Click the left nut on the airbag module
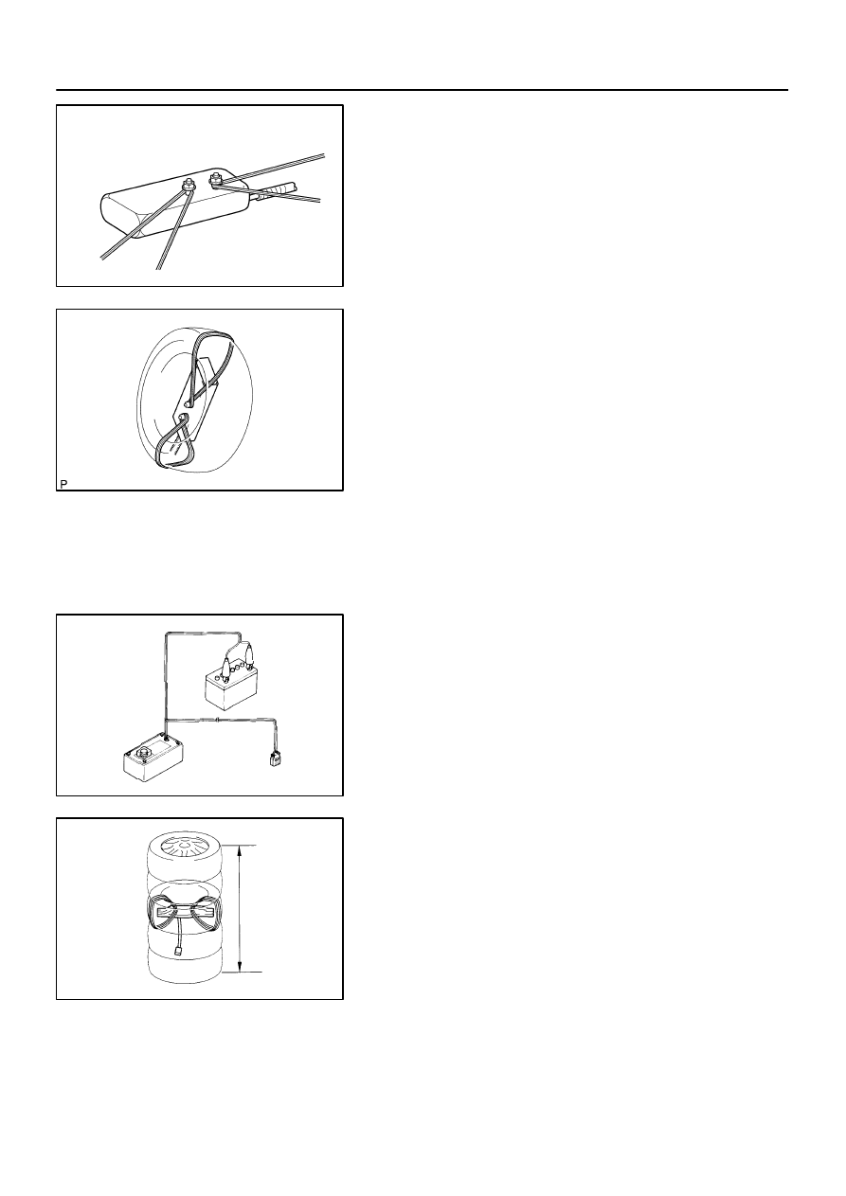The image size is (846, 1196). pyautogui.click(x=189, y=187)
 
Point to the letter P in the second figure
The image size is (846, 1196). pyautogui.click(x=63, y=484)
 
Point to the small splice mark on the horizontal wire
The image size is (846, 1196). pyautogui.click(x=218, y=721)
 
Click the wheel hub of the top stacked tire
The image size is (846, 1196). pyautogui.click(x=184, y=847)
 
